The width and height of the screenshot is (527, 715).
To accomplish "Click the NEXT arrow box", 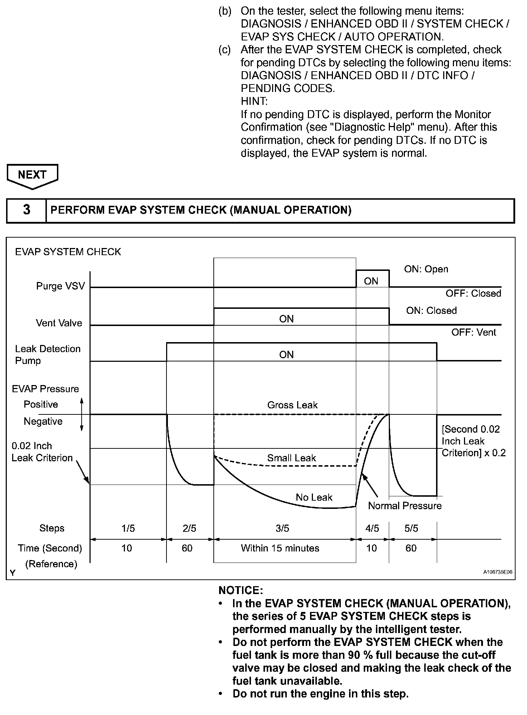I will click(x=32, y=175).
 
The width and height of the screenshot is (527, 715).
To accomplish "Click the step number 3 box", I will click(x=26, y=210).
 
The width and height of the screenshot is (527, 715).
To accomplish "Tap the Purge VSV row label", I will click(x=61, y=286).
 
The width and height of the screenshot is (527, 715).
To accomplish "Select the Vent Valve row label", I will click(x=59, y=323).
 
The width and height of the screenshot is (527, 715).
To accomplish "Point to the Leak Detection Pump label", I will click(x=48, y=355).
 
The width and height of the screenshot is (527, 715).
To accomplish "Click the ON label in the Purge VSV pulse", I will click(x=371, y=281).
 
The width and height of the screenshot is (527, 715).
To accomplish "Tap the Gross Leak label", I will click(x=292, y=405).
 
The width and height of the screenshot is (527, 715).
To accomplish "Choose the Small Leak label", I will click(x=291, y=458).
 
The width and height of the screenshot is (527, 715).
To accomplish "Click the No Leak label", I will click(x=314, y=497).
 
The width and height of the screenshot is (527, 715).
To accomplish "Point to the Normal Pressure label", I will click(x=405, y=506).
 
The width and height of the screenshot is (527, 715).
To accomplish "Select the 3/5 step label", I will click(x=282, y=529).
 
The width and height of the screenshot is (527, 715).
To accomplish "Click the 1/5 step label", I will click(x=128, y=529).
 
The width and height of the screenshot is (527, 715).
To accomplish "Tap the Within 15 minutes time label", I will click(x=280, y=548).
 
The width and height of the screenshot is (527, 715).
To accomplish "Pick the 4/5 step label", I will click(x=372, y=529).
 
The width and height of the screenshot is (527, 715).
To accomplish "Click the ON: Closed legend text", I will click(x=431, y=311).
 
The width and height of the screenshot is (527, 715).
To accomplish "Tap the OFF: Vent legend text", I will click(x=473, y=332).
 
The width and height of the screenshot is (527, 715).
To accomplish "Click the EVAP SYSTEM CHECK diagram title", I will click(x=68, y=252).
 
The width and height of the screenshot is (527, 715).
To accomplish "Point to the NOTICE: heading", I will click(x=241, y=590).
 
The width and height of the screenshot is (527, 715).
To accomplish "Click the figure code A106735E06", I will click(x=498, y=572).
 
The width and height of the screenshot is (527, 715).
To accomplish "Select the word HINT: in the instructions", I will click(x=254, y=101).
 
